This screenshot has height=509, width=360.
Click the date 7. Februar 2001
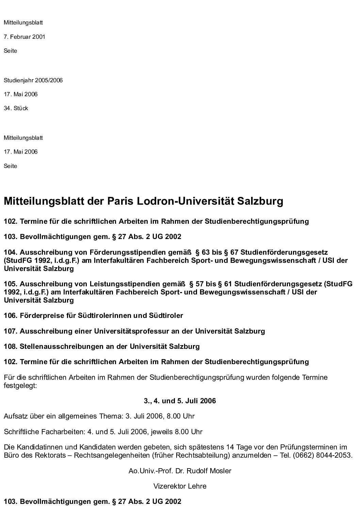point(24,37)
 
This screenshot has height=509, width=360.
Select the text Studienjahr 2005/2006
point(33,81)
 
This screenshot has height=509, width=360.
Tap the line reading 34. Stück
point(16,108)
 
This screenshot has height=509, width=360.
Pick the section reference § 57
point(196,284)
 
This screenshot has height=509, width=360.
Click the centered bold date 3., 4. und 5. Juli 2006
point(180,401)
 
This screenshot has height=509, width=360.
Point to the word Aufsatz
point(14,416)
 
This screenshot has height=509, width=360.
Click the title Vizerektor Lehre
point(180,486)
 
